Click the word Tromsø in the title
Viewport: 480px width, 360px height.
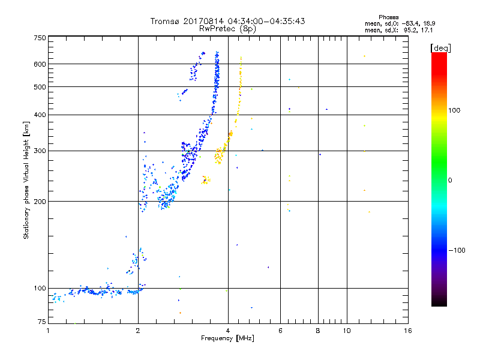[165, 21]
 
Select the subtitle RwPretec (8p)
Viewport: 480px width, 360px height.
[227, 29]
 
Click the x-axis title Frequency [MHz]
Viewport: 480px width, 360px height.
[227, 338]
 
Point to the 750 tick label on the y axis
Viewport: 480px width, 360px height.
[40, 38]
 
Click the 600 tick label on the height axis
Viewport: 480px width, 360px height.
[40, 64]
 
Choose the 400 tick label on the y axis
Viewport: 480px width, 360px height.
[40, 115]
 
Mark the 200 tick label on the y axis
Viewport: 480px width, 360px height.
[40, 202]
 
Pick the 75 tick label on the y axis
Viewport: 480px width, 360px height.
[42, 322]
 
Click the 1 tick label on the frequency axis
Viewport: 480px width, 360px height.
[48, 331]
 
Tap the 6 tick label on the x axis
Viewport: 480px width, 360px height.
[280, 331]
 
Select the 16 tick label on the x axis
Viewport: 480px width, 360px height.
[408, 331]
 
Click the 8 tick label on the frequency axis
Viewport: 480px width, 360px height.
[318, 331]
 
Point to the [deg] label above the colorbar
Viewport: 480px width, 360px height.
[440, 48]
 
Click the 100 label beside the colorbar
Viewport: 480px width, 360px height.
[454, 110]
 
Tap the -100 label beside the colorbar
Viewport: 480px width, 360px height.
[457, 250]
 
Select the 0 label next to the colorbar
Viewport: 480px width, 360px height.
[450, 181]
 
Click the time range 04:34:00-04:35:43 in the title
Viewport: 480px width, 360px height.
[266, 21]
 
